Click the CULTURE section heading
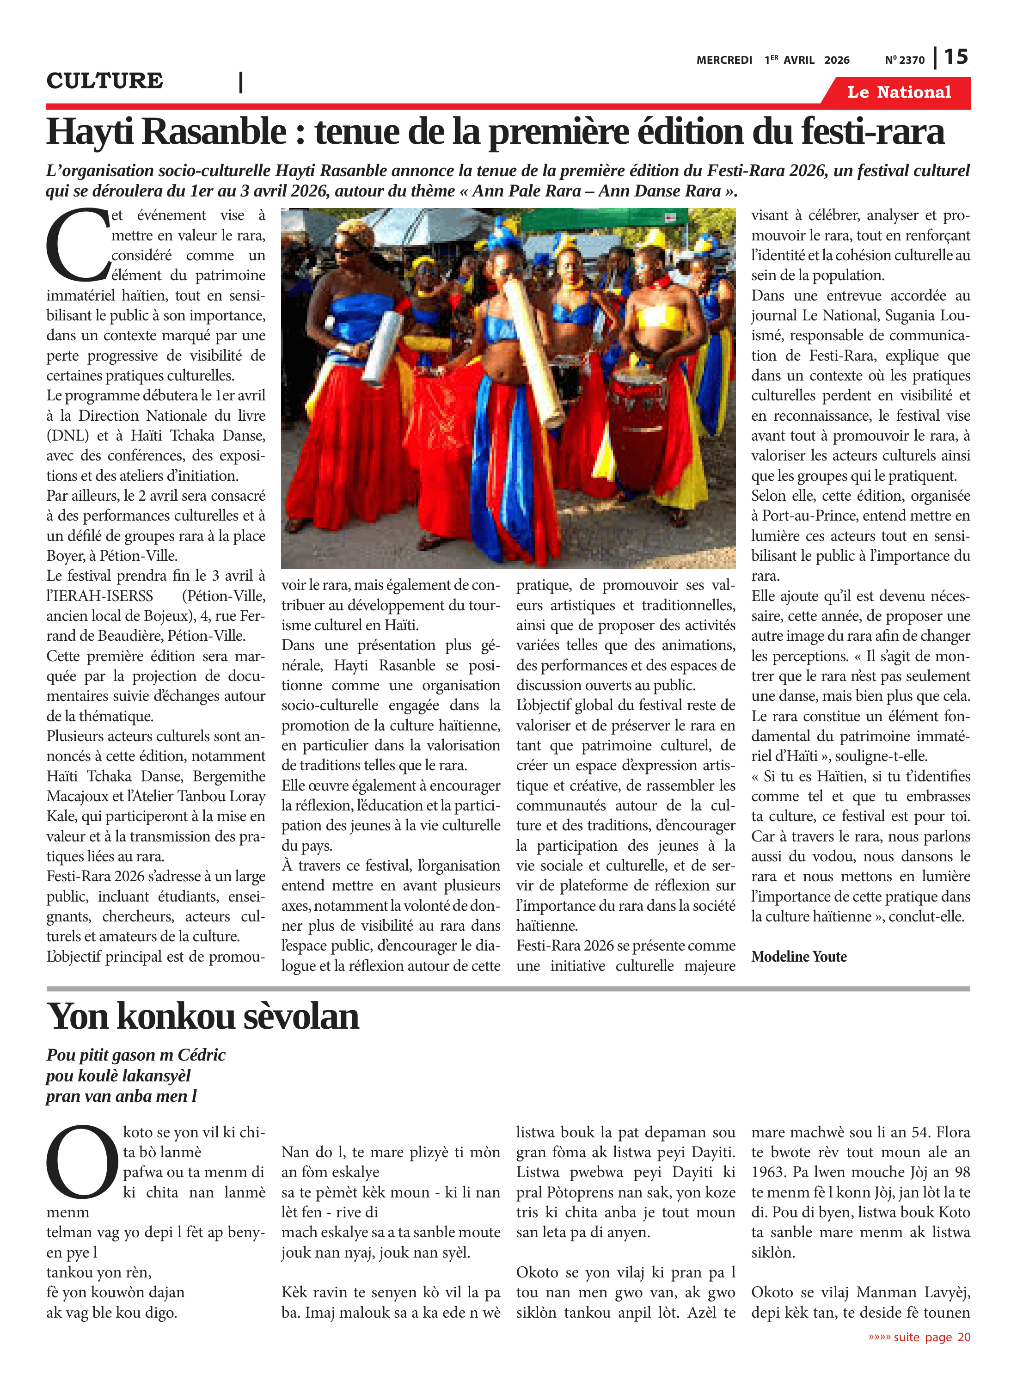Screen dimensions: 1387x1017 [x=104, y=80]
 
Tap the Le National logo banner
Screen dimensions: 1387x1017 [x=899, y=92]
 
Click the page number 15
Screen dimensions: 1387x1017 [x=956, y=57]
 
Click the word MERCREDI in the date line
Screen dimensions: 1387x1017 [x=724, y=60]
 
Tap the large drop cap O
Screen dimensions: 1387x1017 [x=82, y=1162]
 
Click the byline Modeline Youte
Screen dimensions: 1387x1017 [x=798, y=956]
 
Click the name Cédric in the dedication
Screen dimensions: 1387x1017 [x=201, y=1055]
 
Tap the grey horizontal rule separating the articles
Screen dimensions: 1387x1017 [x=508, y=988]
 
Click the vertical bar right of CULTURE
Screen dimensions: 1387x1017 [x=241, y=82]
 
